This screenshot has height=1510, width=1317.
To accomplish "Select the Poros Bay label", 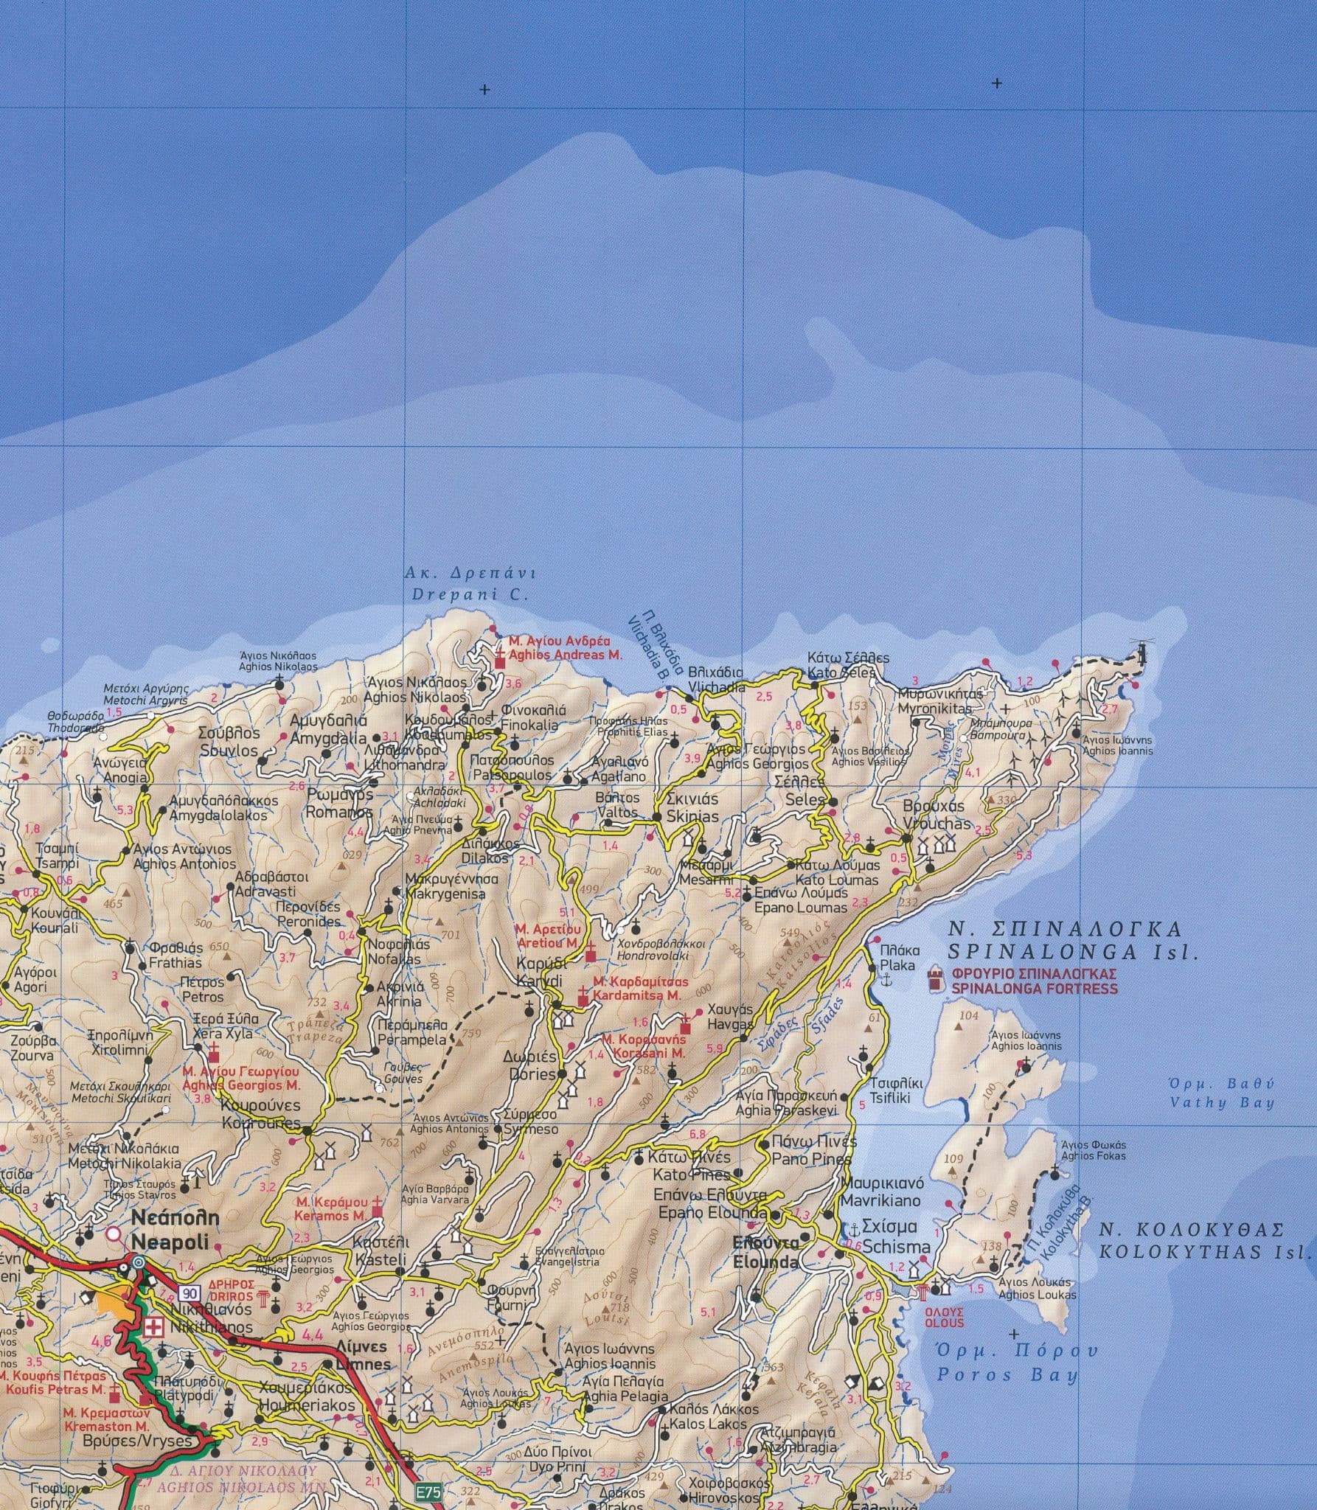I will click(x=1007, y=1374).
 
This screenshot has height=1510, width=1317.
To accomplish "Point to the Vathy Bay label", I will click(x=1223, y=1103).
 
